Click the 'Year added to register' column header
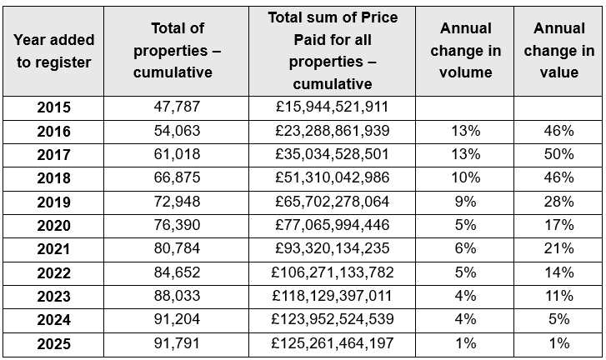54,51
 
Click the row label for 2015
54,107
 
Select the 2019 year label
54,202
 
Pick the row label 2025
54,342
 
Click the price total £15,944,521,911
333,107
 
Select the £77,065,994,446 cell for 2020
333,225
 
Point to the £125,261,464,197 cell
333,342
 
